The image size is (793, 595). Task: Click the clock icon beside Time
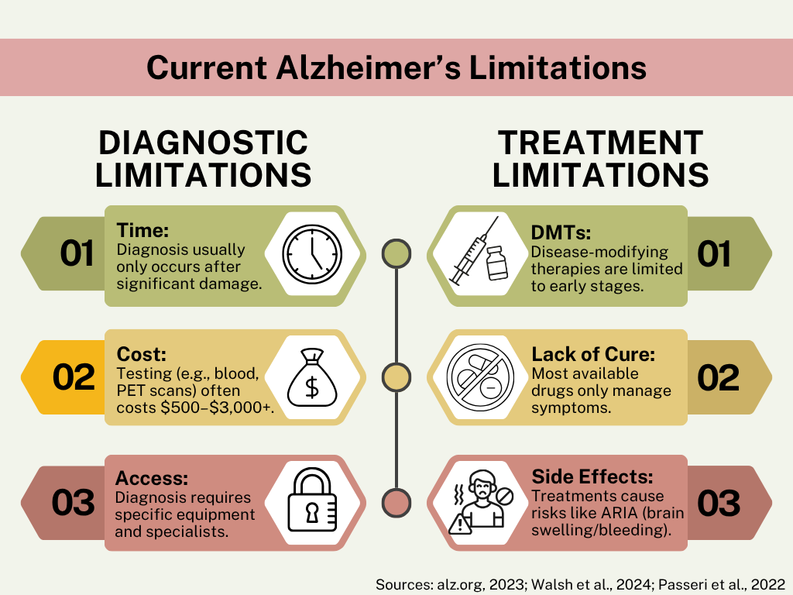(x=312, y=254)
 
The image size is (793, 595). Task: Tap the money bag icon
(x=312, y=377)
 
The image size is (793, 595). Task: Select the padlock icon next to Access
(x=312, y=500)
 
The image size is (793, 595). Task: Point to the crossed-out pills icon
(x=480, y=377)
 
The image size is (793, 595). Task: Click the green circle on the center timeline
(x=396, y=253)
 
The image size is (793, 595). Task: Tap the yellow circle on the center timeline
(x=396, y=377)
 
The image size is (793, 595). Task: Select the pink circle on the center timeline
(x=396, y=502)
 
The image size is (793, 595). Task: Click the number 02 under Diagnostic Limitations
(x=74, y=377)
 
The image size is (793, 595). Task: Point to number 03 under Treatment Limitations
(x=719, y=503)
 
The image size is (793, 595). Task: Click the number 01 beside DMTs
(x=714, y=253)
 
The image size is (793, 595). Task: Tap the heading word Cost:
(x=141, y=354)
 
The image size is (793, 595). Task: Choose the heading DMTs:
(x=561, y=232)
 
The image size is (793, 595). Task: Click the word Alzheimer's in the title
(x=368, y=68)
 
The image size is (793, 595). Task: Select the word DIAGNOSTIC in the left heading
(x=204, y=143)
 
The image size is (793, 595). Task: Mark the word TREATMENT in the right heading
(x=601, y=143)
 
